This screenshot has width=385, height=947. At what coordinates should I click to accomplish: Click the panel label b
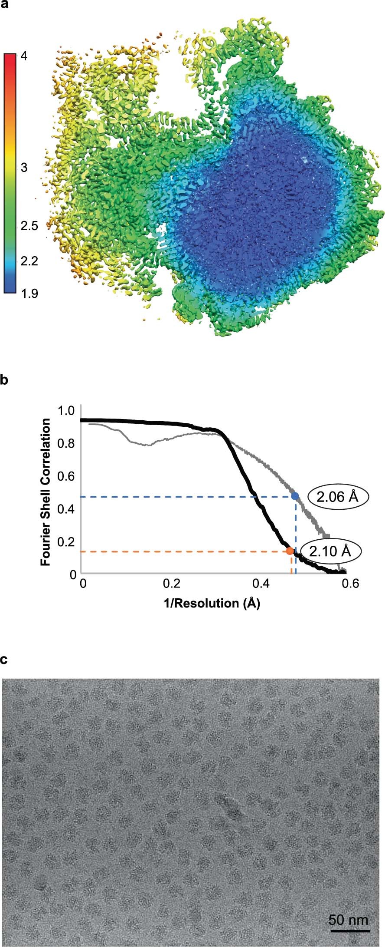(4, 380)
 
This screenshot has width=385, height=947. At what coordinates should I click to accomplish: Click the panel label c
(4, 660)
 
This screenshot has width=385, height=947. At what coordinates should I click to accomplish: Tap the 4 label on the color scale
(24, 56)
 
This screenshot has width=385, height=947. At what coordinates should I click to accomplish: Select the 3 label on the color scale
(24, 167)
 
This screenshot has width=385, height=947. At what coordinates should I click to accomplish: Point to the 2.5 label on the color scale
(29, 225)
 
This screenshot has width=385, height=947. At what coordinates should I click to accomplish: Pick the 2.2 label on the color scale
(29, 261)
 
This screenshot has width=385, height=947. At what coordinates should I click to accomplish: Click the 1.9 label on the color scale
(29, 293)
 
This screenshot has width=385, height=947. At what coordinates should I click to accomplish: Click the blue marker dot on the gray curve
(295, 496)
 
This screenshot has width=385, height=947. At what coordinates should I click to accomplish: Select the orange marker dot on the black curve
(290, 551)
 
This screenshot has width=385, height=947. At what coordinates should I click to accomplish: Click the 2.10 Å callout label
(330, 551)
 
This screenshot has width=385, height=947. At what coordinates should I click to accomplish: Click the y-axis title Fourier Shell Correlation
(46, 492)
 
